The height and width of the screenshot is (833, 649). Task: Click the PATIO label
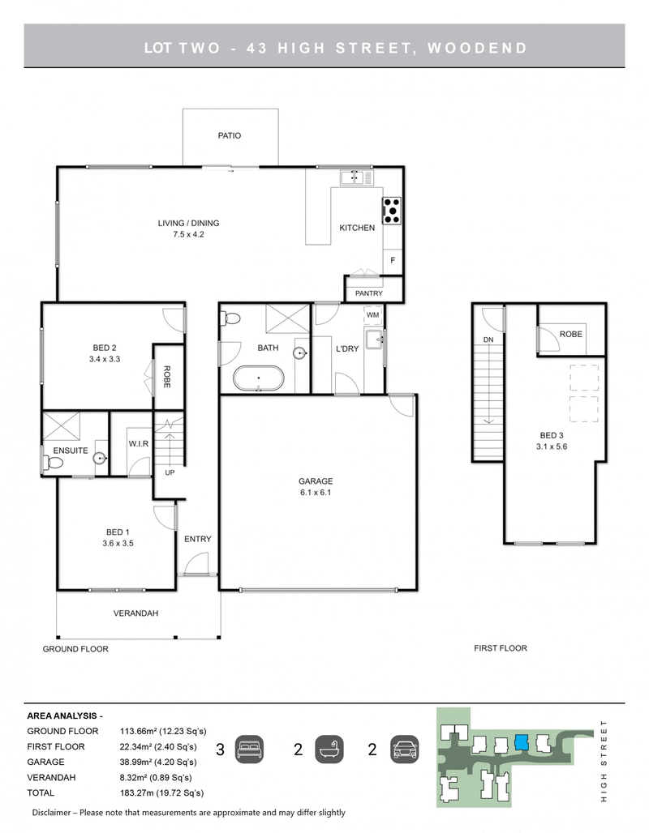pyautogui.click(x=229, y=136)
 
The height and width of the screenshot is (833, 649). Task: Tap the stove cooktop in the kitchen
pyautogui.click(x=392, y=210)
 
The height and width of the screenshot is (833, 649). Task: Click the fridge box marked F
pyautogui.click(x=393, y=261)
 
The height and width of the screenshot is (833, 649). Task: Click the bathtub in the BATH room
pyautogui.click(x=258, y=378)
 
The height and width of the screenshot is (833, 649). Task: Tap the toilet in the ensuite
pyautogui.click(x=53, y=463)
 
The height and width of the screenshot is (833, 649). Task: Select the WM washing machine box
pyautogui.click(x=372, y=314)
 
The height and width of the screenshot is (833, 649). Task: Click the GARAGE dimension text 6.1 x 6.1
pyautogui.click(x=316, y=492)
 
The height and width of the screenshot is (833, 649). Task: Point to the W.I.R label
pyautogui.click(x=137, y=444)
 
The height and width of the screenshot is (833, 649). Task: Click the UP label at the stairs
pyautogui.click(x=170, y=472)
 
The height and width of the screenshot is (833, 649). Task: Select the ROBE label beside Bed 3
pyautogui.click(x=571, y=334)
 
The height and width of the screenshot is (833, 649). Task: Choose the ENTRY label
pyautogui.click(x=197, y=539)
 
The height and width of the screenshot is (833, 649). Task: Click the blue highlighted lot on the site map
pyautogui.click(x=521, y=742)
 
